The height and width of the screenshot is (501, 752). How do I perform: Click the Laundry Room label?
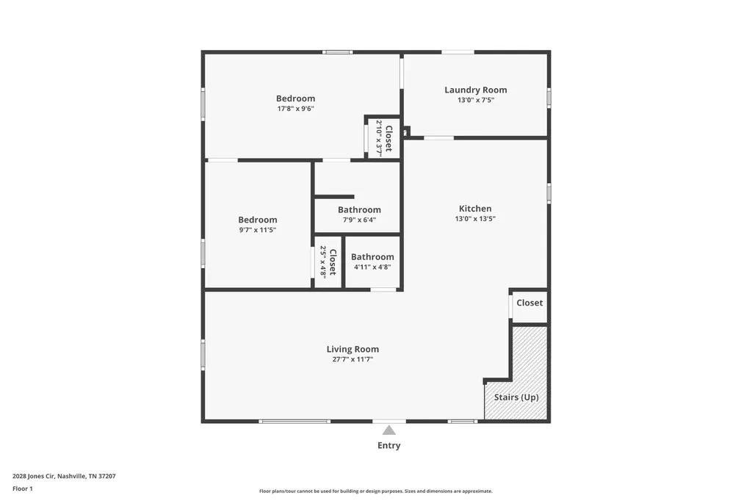[x=475, y=90]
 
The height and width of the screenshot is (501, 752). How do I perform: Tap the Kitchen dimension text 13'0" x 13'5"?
[x=475, y=219]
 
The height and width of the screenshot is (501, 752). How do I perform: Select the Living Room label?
[x=352, y=350]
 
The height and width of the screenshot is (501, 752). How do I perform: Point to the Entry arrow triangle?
[x=389, y=430]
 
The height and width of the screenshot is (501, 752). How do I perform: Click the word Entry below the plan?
[x=389, y=445]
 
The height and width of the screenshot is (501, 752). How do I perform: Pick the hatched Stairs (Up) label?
[x=516, y=397]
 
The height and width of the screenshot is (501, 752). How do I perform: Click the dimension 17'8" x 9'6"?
[x=295, y=109]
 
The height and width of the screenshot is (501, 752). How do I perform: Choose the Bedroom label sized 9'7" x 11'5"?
[x=258, y=220]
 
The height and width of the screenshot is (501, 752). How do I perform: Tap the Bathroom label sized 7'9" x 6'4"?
[x=359, y=209]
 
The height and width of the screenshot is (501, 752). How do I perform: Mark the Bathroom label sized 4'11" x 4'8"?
[x=372, y=256]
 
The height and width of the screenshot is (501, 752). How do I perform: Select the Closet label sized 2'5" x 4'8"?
[x=333, y=262]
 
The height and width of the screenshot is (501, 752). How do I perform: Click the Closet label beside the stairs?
[x=529, y=303]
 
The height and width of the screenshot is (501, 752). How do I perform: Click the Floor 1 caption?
[x=23, y=489]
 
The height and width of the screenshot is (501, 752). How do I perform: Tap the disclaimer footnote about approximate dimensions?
[x=376, y=491]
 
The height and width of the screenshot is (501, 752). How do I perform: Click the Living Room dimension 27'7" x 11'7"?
[x=352, y=359]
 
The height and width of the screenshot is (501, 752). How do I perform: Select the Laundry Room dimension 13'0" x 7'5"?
[x=475, y=101]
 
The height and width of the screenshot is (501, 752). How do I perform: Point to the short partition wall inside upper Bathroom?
[x=334, y=197]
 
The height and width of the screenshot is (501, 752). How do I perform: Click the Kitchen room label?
[x=475, y=209]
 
